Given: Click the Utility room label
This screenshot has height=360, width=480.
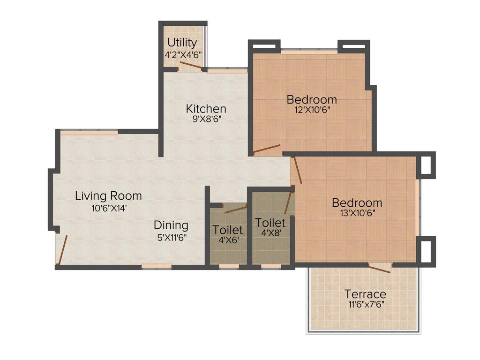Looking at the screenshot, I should (x=182, y=43).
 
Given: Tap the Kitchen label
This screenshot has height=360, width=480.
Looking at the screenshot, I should (x=206, y=109).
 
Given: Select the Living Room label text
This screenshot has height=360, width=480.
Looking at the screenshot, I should (x=108, y=196).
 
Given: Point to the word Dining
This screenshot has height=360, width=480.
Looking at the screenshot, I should (x=171, y=225).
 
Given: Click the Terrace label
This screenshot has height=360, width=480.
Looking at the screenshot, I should (x=365, y=294).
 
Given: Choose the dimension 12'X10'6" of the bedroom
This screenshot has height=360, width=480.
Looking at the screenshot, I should (x=312, y=110).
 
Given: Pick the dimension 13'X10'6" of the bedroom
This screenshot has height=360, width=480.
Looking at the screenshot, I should (x=357, y=213).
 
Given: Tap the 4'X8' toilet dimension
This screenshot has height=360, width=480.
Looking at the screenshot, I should (x=270, y=232).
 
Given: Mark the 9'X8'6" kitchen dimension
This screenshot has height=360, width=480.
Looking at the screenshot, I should (x=206, y=119).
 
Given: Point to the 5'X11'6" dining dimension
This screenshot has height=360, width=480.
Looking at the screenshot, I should (x=171, y=237).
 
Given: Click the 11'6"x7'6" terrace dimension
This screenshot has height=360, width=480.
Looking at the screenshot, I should (x=365, y=305).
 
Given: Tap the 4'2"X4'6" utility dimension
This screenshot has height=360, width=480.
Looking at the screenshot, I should (x=183, y=54).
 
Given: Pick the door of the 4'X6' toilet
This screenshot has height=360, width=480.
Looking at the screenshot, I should (x=235, y=209).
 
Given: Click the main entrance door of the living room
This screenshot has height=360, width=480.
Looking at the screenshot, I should (x=62, y=250).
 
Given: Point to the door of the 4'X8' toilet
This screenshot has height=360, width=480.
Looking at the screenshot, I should (x=289, y=202).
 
